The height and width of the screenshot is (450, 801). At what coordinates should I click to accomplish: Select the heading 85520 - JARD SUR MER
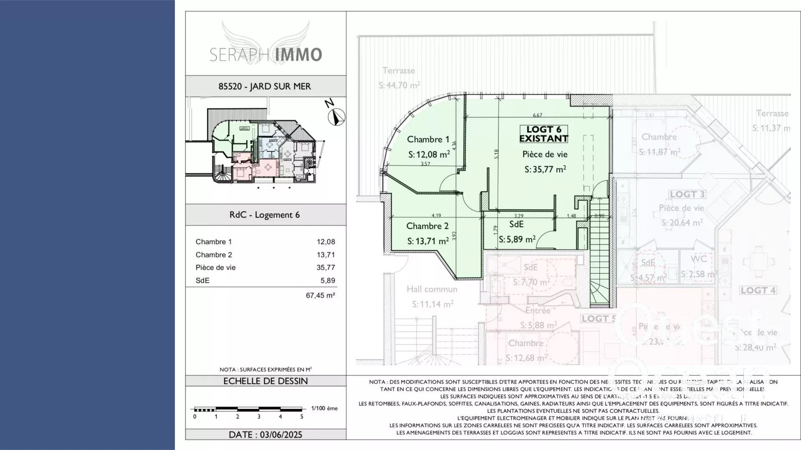coord(264,87)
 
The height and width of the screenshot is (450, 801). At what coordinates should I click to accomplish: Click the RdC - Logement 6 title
coord(264,215)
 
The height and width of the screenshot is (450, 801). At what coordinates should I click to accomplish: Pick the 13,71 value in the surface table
coord(325,255)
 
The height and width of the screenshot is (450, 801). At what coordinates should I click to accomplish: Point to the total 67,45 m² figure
coord(320,295)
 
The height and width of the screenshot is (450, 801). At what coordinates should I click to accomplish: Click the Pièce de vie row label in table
coord(216,267)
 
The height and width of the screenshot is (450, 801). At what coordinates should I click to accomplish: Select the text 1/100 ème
coord(324,408)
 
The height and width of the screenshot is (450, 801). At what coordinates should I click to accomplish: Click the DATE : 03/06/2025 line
coord(265,435)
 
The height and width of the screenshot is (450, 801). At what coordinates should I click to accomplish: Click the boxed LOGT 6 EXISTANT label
coord(544,134)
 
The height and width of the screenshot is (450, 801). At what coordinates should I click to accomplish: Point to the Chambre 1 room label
coord(428,140)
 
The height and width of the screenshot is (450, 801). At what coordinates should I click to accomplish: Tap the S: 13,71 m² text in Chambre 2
coord(428,241)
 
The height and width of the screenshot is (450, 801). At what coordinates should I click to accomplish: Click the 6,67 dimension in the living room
coord(537,115)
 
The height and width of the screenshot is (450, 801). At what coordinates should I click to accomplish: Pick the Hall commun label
coord(432,289)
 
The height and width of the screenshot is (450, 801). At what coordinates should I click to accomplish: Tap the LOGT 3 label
coord(687,194)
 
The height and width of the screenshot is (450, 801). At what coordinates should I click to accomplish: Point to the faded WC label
coord(698,259)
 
